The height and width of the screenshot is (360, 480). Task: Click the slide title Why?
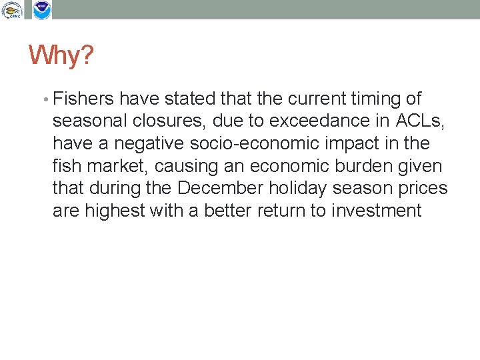coord(61,56)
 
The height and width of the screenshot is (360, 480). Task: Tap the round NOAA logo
coord(42,10)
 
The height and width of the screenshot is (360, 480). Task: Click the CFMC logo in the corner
coord(13,10)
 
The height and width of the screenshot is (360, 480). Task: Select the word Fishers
coord(82,99)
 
